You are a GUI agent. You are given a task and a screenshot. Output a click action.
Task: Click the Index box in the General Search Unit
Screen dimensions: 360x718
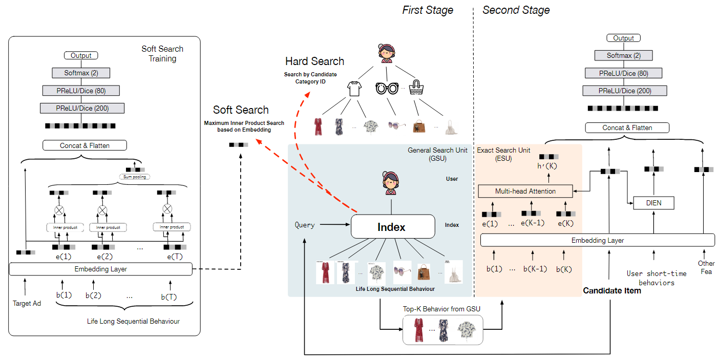(x=391, y=226)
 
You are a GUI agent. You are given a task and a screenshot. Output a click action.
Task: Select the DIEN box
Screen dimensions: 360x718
(x=653, y=203)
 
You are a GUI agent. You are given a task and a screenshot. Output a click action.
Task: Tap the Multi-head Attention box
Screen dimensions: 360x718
(x=525, y=191)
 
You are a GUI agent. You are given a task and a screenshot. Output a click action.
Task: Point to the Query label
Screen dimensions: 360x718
(x=305, y=225)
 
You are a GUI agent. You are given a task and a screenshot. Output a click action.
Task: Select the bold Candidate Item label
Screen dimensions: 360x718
(x=612, y=291)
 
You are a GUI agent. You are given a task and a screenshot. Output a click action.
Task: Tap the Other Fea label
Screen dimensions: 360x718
(x=706, y=267)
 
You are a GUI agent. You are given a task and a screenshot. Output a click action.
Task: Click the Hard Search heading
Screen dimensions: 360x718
(x=314, y=61)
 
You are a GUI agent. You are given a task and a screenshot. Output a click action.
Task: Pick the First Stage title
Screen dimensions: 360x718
(x=428, y=10)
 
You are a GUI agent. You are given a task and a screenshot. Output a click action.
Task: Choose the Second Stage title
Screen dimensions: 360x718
(x=516, y=10)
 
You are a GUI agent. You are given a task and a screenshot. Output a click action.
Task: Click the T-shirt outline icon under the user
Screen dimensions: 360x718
(x=354, y=89)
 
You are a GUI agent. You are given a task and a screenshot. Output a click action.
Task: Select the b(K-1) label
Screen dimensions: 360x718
(x=535, y=269)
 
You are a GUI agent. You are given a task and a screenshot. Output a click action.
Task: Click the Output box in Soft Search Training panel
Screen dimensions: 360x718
(x=81, y=55)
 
